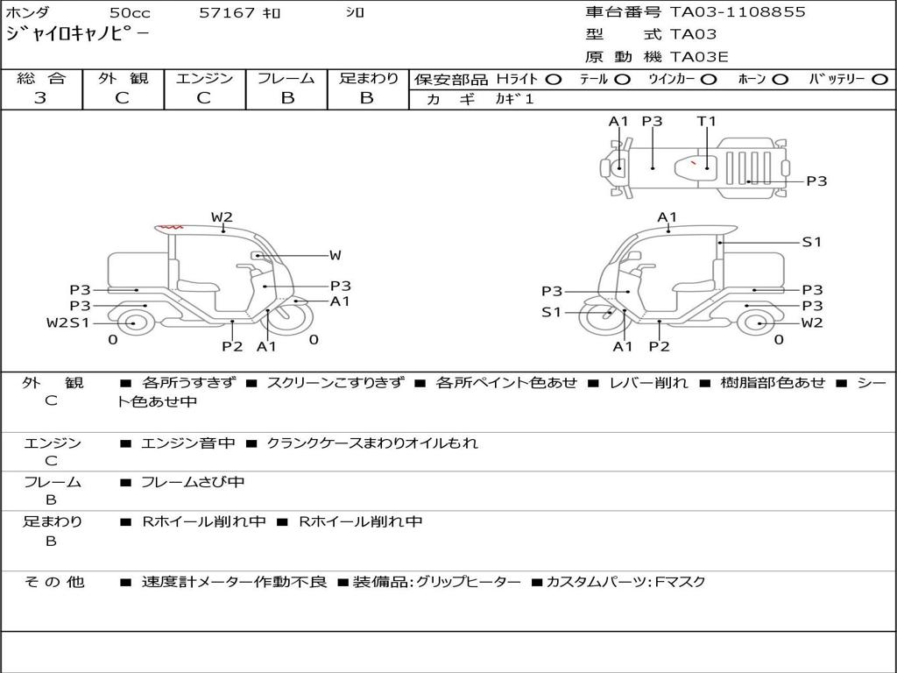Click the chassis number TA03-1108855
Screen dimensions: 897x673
tap(738, 11)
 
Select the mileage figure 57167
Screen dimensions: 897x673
tap(227, 12)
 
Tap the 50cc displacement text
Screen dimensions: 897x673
tap(130, 12)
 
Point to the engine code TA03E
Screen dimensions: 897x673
tap(699, 57)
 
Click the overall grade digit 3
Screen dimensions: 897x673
tap(40, 97)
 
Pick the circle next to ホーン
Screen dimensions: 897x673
tap(780, 80)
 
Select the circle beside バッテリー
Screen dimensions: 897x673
tap(879, 80)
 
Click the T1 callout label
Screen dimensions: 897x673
tap(707, 121)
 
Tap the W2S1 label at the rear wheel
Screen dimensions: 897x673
tap(68, 322)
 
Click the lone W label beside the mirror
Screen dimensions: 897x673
tap(335, 255)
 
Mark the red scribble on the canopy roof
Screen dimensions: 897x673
tap(169, 227)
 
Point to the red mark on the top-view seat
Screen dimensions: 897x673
tap(693, 162)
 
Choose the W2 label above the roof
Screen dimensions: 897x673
tap(222, 217)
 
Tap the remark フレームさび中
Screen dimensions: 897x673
tap(193, 483)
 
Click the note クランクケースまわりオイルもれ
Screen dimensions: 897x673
tap(372, 443)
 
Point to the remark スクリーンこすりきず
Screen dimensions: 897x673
tap(335, 382)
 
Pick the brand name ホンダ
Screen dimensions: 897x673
tap(27, 12)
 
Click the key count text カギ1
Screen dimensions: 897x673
tap(514, 99)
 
